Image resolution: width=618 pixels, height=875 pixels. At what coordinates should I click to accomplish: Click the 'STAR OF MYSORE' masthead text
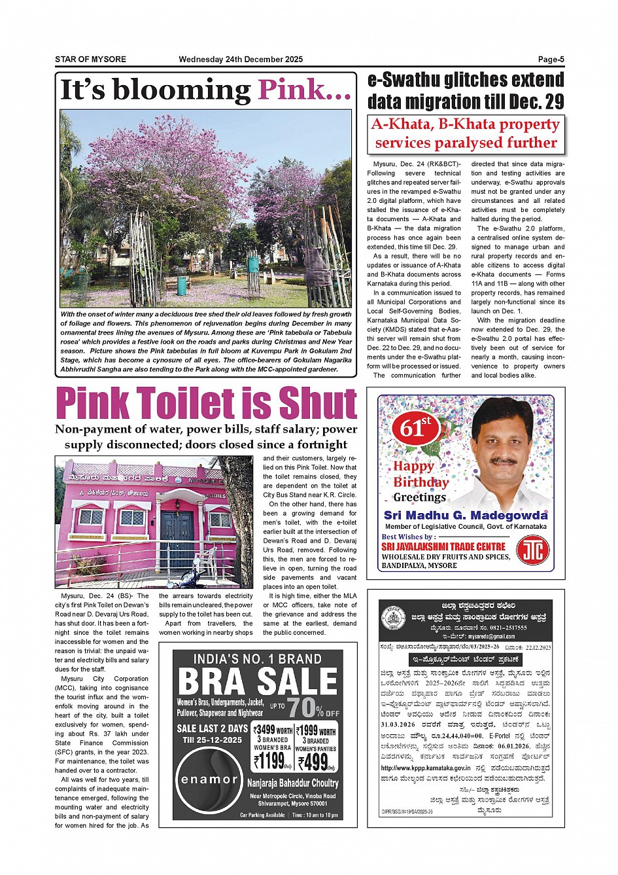(90, 60)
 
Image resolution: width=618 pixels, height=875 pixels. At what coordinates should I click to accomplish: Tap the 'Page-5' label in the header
(551, 60)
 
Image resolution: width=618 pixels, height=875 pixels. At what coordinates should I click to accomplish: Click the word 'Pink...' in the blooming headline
(305, 90)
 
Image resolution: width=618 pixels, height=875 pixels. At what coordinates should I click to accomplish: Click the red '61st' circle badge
(416, 428)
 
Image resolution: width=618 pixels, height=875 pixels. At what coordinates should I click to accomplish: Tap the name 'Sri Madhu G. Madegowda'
(466, 515)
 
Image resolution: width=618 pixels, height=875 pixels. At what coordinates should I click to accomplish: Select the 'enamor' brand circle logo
(209, 779)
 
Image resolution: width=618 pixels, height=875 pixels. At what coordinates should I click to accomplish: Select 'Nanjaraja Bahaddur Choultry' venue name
(293, 783)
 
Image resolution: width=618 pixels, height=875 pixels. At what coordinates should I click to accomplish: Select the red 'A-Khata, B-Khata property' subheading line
(466, 124)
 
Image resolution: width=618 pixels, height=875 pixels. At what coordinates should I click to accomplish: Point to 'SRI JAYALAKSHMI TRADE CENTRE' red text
(443, 546)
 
